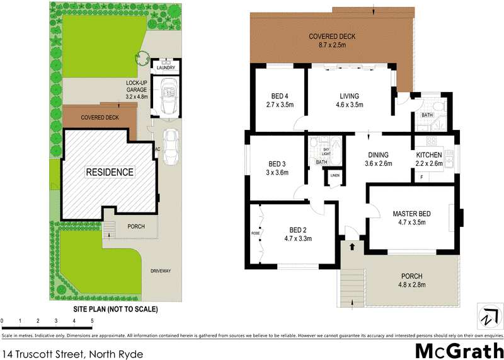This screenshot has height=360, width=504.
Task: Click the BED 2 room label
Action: pyautogui.click(x=297, y=234)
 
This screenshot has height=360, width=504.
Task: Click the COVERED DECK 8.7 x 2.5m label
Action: pyautogui.click(x=333, y=40)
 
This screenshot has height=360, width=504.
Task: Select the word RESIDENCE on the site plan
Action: pyautogui.click(x=110, y=171)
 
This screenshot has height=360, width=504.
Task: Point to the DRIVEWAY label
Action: pyautogui.click(x=161, y=271)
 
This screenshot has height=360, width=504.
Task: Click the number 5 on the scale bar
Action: pyautogui.click(x=93, y=321)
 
